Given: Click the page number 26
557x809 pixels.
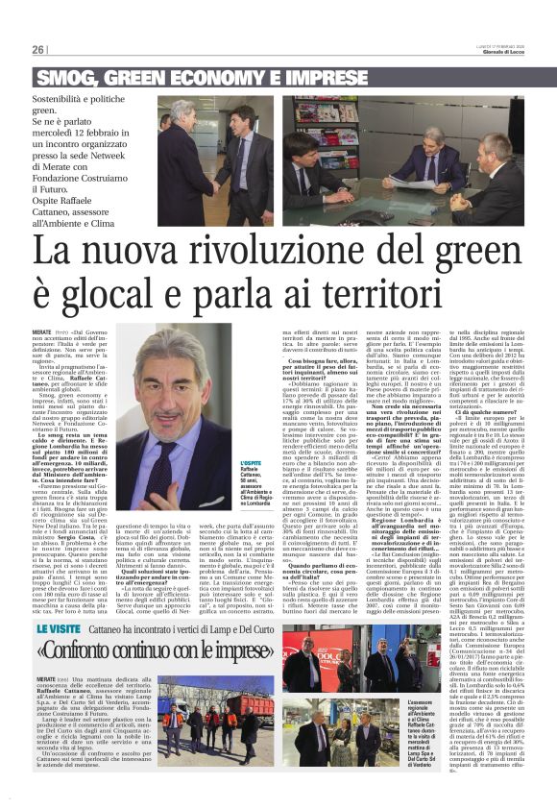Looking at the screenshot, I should [x=37, y=50].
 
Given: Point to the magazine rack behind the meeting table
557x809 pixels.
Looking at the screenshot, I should [x=317, y=126].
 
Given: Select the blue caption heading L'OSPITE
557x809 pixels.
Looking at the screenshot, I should [x=251, y=463].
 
